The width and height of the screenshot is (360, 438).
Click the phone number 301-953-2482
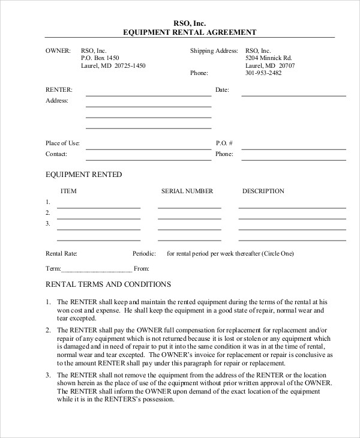click(264, 73)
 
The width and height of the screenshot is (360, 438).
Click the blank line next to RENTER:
click(148, 95)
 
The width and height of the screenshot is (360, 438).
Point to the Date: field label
click(222, 90)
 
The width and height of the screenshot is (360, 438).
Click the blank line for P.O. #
click(293, 148)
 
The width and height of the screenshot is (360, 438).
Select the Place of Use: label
click(63, 143)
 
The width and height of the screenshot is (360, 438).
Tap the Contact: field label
click(56, 154)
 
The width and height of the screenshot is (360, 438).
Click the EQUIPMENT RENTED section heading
click(84, 175)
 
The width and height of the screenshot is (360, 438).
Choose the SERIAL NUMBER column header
click(187, 191)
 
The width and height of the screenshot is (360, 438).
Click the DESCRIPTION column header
click(263, 191)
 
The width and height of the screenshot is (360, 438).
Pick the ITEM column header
click(69, 191)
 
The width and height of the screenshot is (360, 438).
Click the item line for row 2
click(98, 218)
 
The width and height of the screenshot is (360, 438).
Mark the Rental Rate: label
click(61, 254)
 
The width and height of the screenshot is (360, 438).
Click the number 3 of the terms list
click(48, 375)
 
